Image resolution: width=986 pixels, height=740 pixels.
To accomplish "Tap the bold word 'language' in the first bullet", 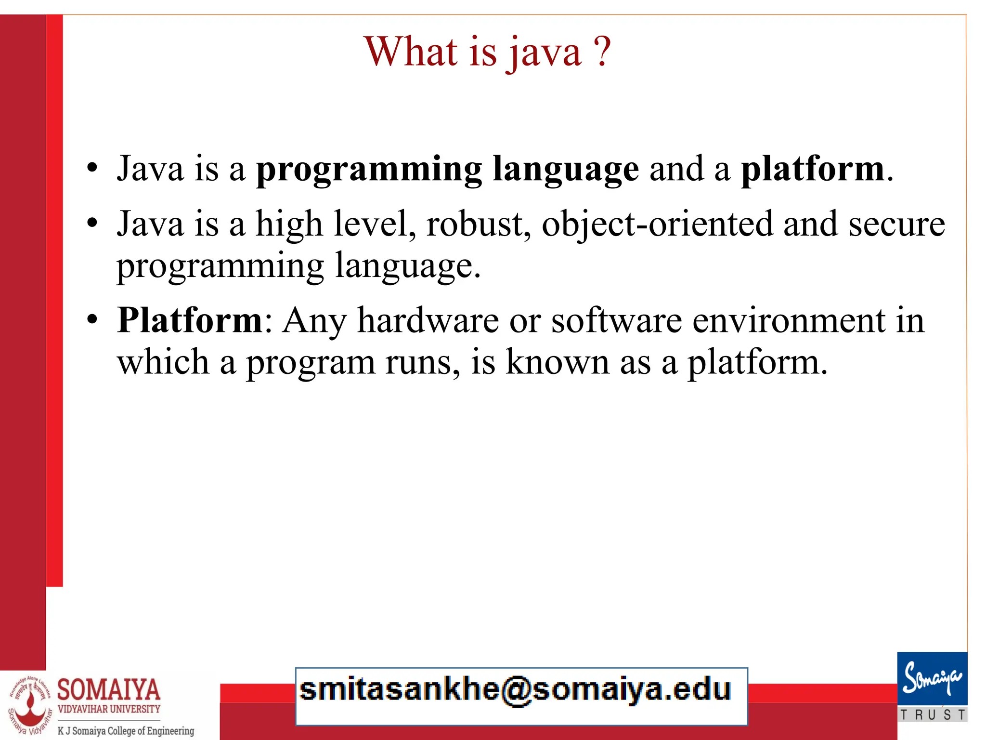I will (566, 170).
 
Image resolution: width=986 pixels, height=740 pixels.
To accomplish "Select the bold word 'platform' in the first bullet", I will (813, 170).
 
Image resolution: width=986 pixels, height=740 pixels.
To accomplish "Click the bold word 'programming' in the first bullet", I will (369, 170).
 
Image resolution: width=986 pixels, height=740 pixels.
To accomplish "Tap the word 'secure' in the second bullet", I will (896, 224).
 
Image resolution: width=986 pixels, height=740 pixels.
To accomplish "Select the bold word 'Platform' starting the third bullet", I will (190, 320).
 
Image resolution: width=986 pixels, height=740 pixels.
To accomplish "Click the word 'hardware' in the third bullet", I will (428, 320).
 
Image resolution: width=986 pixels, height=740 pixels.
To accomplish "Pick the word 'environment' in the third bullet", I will (789, 320).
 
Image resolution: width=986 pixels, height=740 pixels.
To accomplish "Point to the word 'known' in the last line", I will (557, 362).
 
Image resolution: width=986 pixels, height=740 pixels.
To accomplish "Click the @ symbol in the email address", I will (516, 690).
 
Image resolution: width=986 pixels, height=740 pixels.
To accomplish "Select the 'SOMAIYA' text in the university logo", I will (109, 689).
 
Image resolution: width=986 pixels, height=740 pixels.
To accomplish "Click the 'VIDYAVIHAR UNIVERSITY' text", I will (109, 709).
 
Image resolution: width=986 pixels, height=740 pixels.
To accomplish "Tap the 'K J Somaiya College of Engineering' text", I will (126, 731).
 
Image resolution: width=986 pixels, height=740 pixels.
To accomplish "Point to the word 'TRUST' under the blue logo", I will (932, 715).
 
